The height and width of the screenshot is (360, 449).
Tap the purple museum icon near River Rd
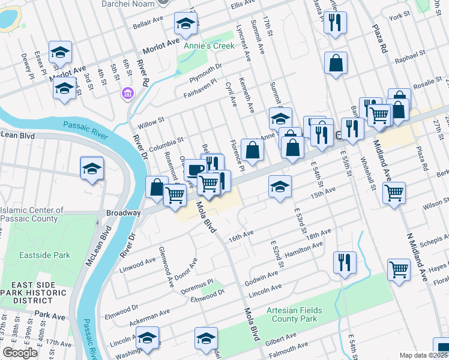click(127, 93)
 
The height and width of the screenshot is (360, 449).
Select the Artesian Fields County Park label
click(295, 314)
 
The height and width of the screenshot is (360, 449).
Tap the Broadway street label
click(122, 213)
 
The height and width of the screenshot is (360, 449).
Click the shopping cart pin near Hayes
click(399, 269)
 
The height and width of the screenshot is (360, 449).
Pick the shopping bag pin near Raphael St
click(336, 62)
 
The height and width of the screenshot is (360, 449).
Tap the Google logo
click(20, 353)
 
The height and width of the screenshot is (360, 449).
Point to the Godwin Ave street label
click(261, 278)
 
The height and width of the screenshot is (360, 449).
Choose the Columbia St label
click(167, 144)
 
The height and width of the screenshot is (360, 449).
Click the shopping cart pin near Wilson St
click(394, 193)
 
